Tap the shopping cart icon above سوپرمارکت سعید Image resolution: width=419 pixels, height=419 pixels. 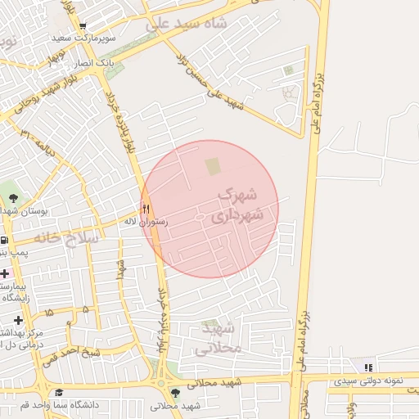(83, 26)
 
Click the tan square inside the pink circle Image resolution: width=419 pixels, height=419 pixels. (213, 167)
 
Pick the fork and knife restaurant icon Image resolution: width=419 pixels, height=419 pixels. (146, 208)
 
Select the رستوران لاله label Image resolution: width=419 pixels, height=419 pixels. (146, 221)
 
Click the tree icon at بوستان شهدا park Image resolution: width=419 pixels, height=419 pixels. (13, 197)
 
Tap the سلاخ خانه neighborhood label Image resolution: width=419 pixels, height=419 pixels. (66, 238)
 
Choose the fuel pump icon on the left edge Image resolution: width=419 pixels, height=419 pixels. (4, 241)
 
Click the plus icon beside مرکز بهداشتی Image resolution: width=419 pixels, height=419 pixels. (17, 320)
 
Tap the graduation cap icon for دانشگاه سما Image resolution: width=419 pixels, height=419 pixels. (58, 393)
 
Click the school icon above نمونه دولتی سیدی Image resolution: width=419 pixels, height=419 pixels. (368, 367)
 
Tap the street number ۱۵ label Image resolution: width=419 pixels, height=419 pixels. (50, 313)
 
